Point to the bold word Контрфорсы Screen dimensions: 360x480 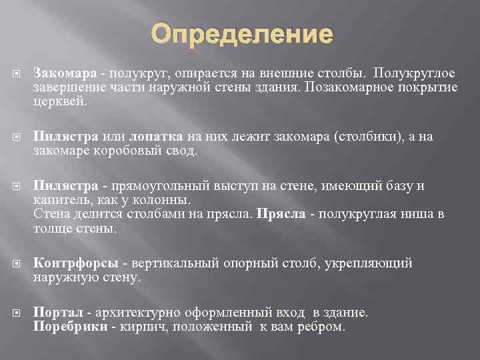[76, 263]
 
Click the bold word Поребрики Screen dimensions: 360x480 [69, 327]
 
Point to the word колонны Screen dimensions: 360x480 [167, 200]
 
